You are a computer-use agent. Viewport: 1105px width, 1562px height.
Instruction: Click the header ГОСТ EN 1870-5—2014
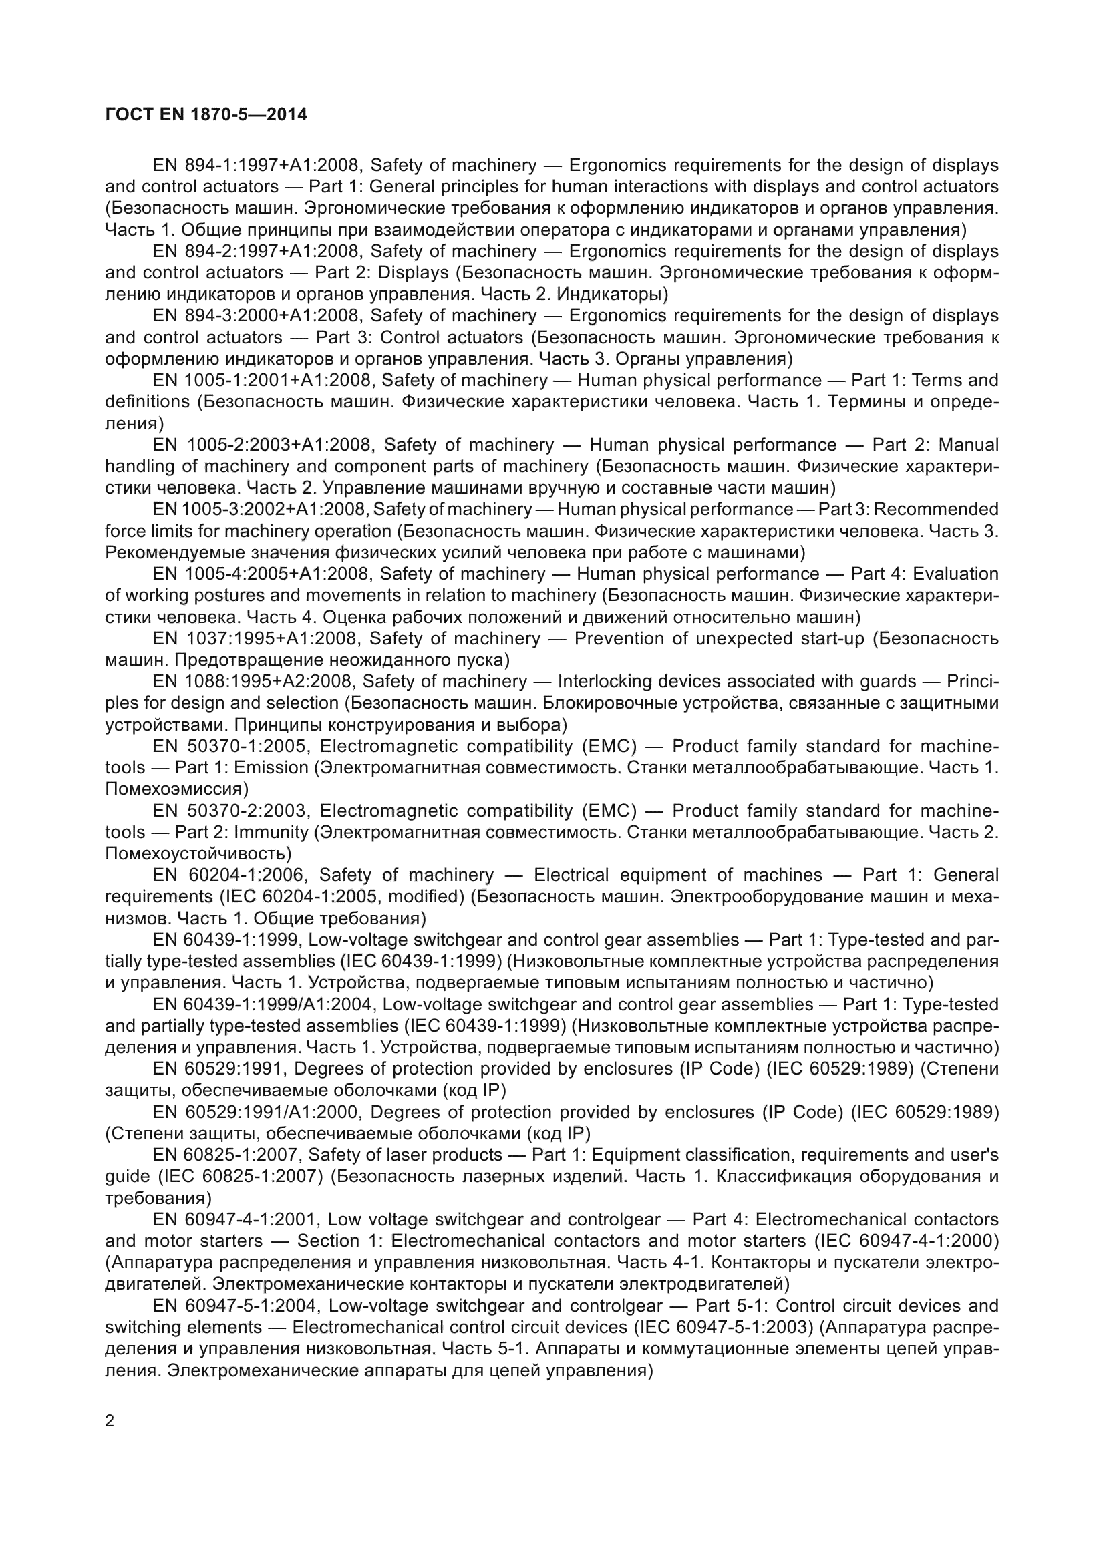click(206, 114)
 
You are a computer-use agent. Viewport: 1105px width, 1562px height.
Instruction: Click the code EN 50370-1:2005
click(232, 747)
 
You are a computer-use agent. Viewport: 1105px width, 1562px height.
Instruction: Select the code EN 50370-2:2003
click(232, 811)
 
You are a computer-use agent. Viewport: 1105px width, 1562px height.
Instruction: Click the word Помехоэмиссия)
click(177, 789)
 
